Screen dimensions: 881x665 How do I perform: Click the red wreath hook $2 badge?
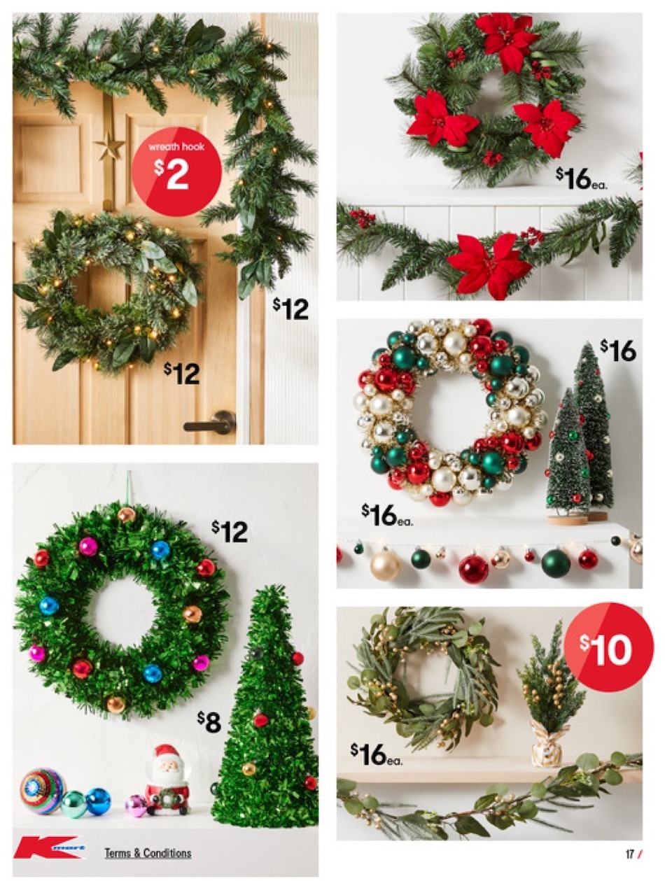[x=176, y=171]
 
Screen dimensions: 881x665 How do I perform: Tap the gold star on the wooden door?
[x=109, y=147]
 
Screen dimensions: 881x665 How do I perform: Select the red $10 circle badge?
[x=608, y=647]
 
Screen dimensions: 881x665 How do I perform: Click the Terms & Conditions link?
[x=148, y=853]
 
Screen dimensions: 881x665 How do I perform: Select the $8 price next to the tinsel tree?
[x=209, y=721]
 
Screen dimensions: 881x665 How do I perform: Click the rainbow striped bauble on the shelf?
[x=42, y=791]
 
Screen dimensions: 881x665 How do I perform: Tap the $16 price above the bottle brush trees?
[x=618, y=351]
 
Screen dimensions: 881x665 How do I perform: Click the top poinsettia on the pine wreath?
[x=507, y=40]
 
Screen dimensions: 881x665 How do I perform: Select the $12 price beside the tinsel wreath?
[x=230, y=532]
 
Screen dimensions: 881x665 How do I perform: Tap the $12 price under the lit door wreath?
[x=182, y=373]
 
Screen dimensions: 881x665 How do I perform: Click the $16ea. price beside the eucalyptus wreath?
[x=377, y=754]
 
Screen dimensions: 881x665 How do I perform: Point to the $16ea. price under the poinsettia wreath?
[x=582, y=179]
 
